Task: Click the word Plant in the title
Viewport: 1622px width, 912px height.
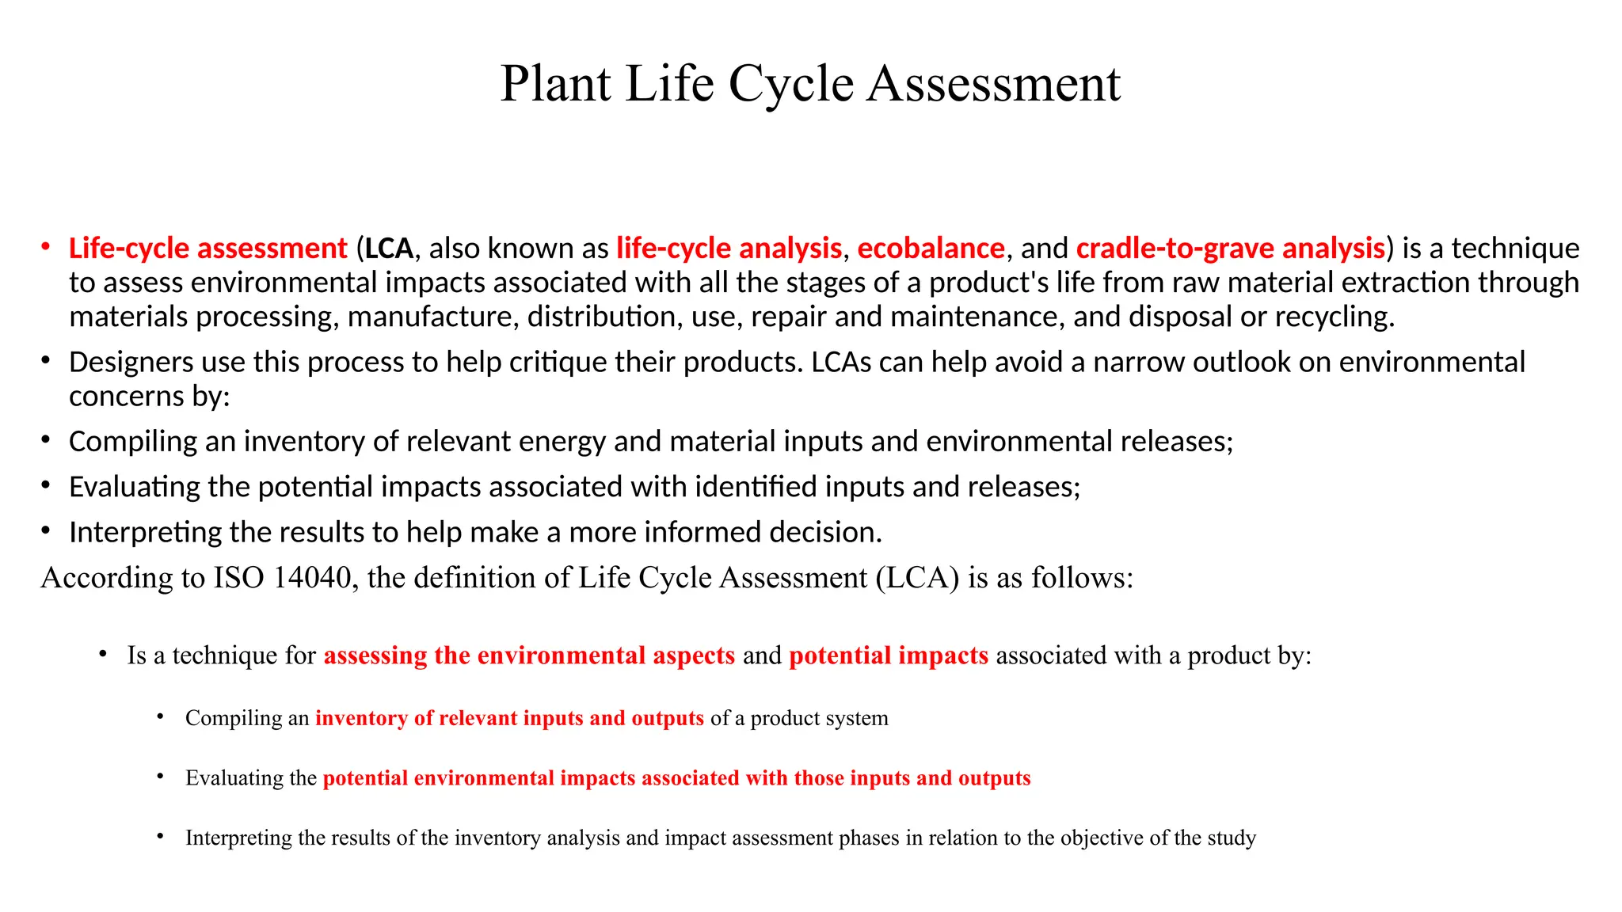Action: point(555,84)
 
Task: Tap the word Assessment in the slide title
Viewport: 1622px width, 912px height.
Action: point(994,84)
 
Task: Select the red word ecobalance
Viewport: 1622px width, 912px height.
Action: point(931,249)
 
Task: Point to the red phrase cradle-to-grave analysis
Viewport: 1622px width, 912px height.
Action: point(1230,249)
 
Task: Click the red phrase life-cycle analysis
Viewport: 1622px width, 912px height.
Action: point(729,249)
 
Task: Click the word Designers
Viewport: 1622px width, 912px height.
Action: point(131,363)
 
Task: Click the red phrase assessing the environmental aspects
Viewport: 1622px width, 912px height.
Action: point(529,655)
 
